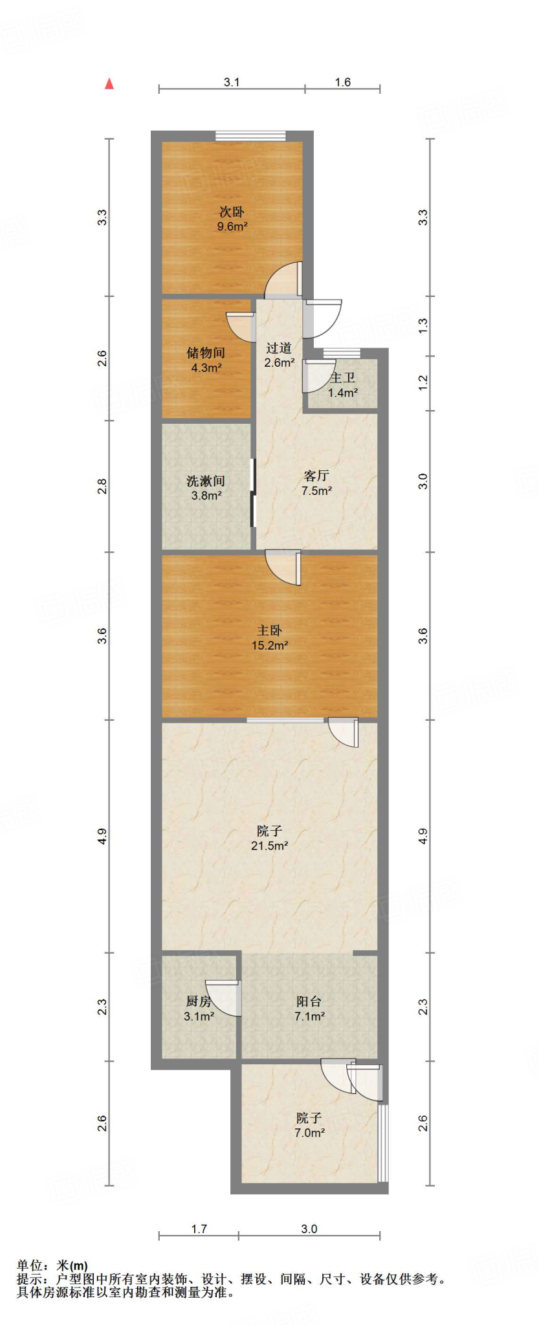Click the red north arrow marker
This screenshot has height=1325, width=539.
[109, 83]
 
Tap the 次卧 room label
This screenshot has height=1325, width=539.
[232, 212]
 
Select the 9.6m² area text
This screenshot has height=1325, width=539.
[232, 226]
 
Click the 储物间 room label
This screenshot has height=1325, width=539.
[206, 353]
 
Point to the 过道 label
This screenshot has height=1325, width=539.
[279, 348]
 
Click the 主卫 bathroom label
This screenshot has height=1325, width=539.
[342, 378]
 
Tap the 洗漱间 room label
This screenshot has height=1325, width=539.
[206, 481]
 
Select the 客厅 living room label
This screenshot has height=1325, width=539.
[316, 476]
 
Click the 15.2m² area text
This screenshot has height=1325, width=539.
[269, 645]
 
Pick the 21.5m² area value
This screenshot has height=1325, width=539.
[269, 846]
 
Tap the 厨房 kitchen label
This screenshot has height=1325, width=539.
[199, 1002]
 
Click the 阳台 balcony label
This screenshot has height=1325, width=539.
[309, 1002]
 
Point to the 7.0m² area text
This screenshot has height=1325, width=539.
[309, 1133]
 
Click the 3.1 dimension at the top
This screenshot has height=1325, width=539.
[232, 82]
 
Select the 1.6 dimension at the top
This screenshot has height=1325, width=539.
[342, 82]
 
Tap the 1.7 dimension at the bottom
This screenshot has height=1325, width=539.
[199, 1229]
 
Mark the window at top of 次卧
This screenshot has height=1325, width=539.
[250, 135]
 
